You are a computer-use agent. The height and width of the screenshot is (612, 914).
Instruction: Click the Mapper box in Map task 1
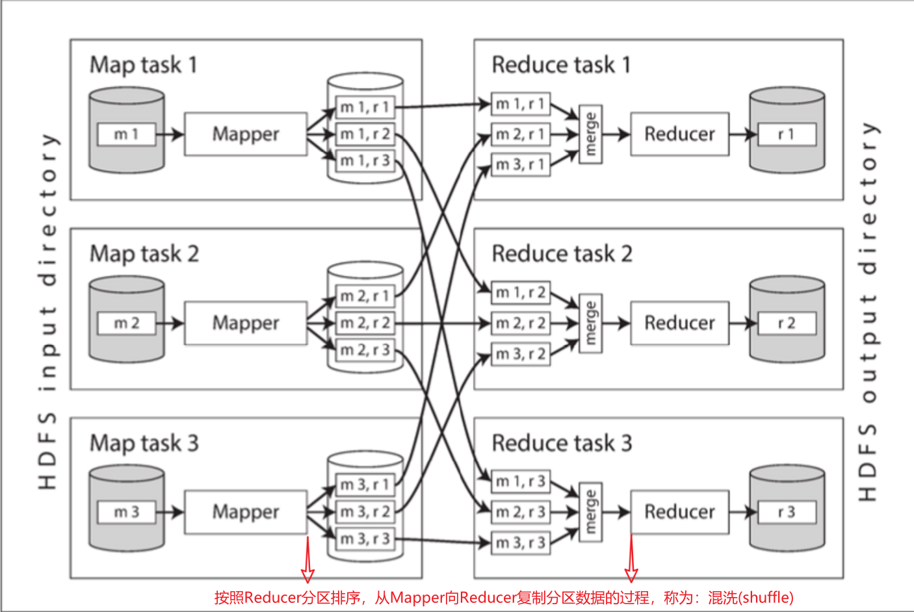(x=245, y=134)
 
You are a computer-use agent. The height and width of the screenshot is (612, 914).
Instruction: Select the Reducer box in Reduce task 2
(x=679, y=323)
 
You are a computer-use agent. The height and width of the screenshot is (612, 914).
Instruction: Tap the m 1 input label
(x=126, y=134)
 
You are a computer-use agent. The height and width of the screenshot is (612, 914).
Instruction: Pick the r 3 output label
(x=787, y=512)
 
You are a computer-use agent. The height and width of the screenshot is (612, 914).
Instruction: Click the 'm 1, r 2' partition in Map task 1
(x=365, y=134)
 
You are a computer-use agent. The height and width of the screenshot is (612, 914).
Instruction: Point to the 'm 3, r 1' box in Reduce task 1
(x=520, y=165)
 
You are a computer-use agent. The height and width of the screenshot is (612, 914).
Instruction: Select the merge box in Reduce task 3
(x=590, y=512)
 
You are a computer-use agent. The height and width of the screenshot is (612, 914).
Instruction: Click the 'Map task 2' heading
(x=144, y=253)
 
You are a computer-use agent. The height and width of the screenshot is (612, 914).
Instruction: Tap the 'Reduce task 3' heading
(x=562, y=443)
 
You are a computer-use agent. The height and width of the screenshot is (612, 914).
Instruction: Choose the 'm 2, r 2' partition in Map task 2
(x=365, y=323)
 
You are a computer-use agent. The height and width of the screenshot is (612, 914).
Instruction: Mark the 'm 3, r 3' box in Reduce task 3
(x=520, y=542)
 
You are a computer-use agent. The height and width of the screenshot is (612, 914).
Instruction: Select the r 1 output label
(x=787, y=134)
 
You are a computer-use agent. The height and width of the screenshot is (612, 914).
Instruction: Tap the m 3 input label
(x=126, y=512)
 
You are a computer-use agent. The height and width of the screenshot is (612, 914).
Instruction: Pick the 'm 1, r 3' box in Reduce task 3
(x=520, y=481)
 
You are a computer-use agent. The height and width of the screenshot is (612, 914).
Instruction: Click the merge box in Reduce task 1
(x=590, y=134)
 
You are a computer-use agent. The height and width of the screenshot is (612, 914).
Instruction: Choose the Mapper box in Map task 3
(x=245, y=512)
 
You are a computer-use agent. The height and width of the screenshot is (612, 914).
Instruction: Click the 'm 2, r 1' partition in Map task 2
(x=365, y=296)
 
